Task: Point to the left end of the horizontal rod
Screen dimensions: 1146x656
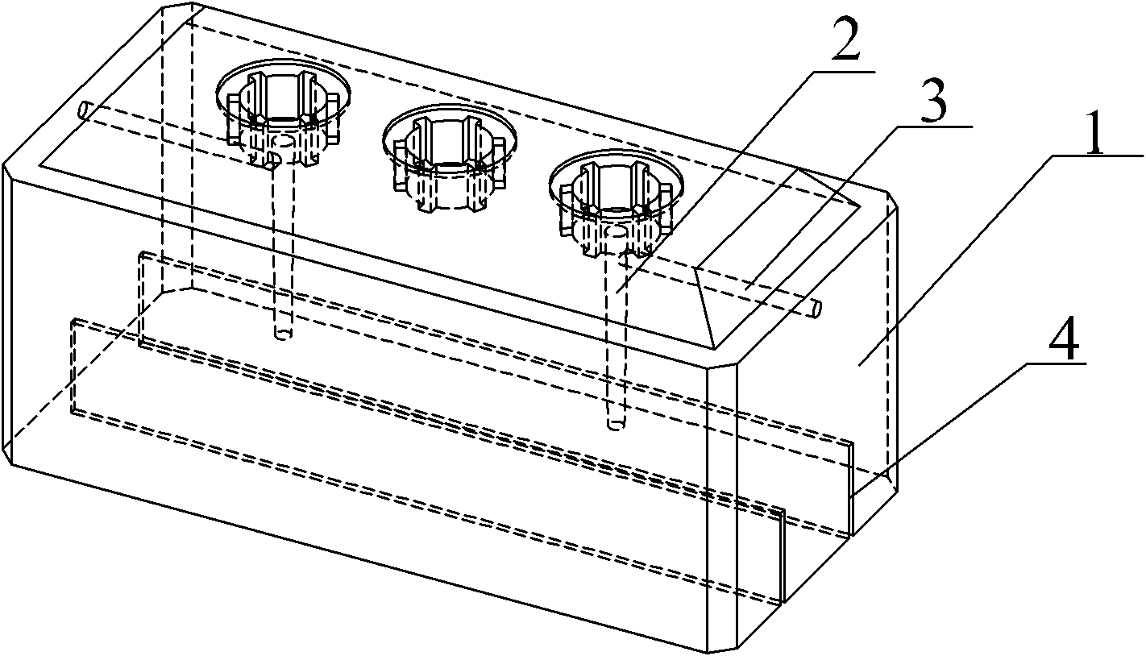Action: pyautogui.click(x=85, y=110)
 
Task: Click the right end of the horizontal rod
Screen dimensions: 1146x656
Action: pyautogui.click(x=816, y=308)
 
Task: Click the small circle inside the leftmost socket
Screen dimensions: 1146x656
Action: pyautogui.click(x=281, y=140)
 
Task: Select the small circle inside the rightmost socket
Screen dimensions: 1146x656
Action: pyautogui.click(x=616, y=232)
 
